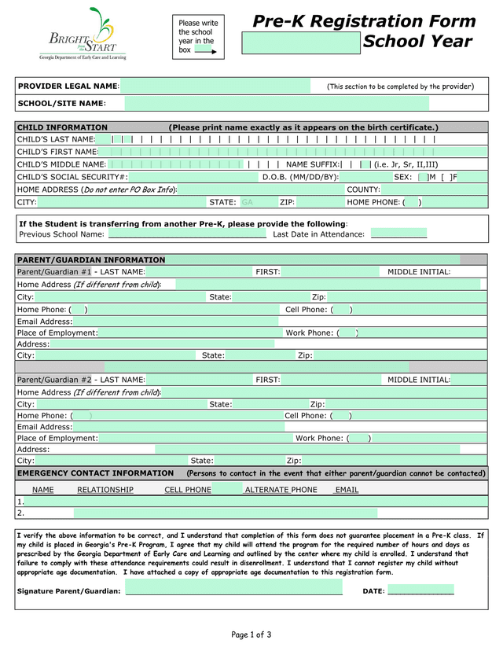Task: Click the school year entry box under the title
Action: [x=301, y=42]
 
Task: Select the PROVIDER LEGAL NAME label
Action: [x=68, y=86]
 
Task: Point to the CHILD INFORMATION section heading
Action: [x=62, y=127]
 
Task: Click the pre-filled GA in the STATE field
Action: [x=247, y=202]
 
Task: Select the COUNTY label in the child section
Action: [x=363, y=189]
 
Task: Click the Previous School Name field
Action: [x=187, y=234]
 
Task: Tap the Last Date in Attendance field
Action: [x=398, y=234]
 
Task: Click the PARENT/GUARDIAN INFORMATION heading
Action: [x=91, y=259]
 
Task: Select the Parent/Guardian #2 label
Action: [x=54, y=380]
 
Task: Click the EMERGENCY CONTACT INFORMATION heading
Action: [x=95, y=473]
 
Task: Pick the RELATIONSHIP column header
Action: [x=105, y=490]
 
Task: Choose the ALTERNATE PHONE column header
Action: [x=281, y=490]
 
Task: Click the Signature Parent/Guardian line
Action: [x=233, y=591]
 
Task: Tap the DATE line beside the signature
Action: [x=420, y=591]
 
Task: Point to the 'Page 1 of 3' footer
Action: [x=251, y=634]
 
